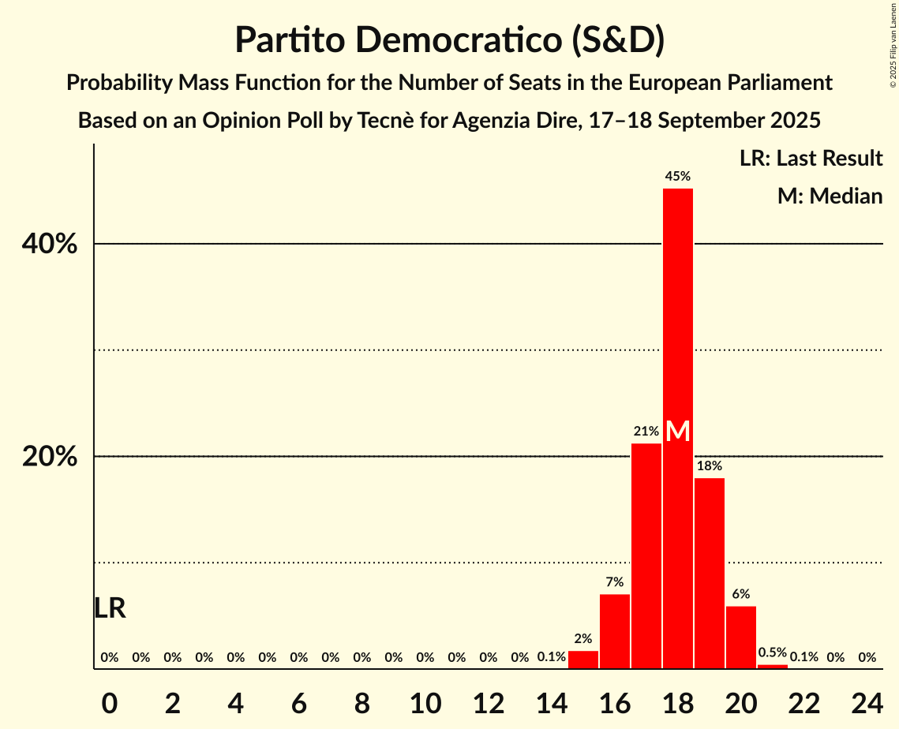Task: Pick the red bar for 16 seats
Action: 615,631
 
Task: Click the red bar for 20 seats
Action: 741,637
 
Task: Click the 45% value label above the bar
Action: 677,177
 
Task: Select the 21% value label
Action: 646,432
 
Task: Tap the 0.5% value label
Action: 772,652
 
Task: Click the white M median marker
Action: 677,432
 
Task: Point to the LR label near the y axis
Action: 110,608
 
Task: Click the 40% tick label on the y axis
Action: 50,245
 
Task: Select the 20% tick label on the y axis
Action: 50,457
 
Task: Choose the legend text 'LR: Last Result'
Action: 811,159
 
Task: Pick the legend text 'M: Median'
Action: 830,196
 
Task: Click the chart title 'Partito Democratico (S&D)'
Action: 449,39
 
